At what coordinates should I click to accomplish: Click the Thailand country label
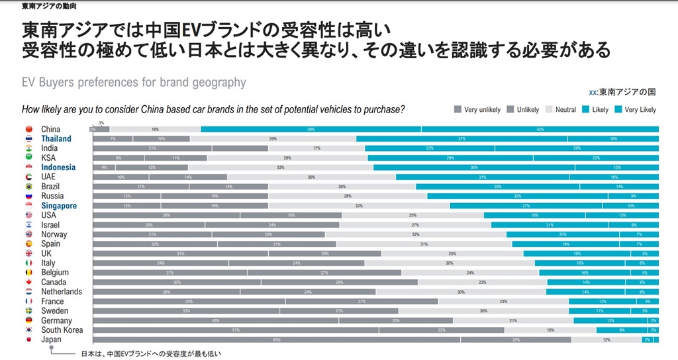[x=56, y=139]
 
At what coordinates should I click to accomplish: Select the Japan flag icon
[x=28, y=339]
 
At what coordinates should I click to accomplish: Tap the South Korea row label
[x=62, y=330]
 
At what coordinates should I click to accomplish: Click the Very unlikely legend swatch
[x=458, y=109]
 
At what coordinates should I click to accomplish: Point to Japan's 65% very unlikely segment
[x=277, y=340]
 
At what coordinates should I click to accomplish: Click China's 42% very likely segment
[x=540, y=130]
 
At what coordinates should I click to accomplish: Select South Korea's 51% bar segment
[x=236, y=330]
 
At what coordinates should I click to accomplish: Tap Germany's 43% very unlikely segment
[x=215, y=321]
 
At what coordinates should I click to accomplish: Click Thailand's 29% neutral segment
[x=273, y=139]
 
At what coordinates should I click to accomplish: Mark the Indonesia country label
[x=58, y=167]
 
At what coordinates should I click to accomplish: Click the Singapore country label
[x=59, y=206]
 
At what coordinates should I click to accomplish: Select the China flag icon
[x=28, y=129]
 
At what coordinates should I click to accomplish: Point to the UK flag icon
[x=28, y=253]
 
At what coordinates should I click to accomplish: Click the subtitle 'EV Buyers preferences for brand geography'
[x=134, y=83]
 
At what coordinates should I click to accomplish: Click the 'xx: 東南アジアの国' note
[x=622, y=91]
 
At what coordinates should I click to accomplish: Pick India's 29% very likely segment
[x=577, y=149]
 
